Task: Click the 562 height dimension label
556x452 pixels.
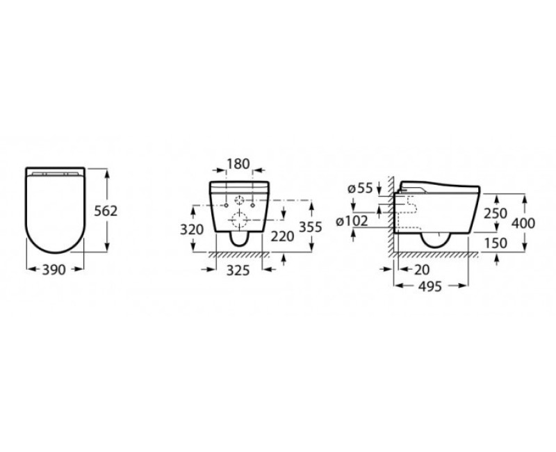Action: [x=106, y=211]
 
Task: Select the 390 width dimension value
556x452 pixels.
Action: [x=54, y=270]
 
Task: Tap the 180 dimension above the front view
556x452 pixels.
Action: [x=238, y=164]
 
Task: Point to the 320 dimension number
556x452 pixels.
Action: [x=192, y=229]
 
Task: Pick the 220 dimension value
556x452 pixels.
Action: [x=283, y=236]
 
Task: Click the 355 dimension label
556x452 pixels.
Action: [x=310, y=227]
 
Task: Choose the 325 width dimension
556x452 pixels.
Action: [x=238, y=271]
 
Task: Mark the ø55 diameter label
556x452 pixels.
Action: [x=360, y=188]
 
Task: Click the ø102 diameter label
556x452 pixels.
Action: [x=352, y=221]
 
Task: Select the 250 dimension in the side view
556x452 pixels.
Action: [x=496, y=213]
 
